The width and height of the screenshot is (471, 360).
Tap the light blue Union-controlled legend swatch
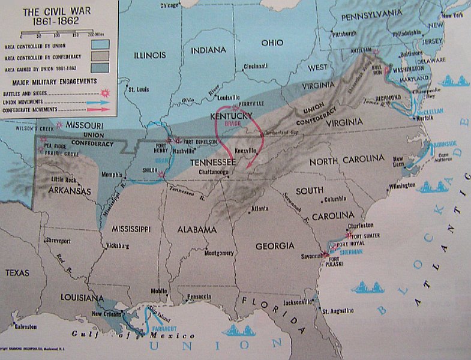pyautogui.click(x=101, y=44)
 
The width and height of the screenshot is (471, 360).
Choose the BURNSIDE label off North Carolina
pyautogui.click(x=443, y=143)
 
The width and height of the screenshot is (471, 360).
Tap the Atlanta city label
pyautogui.click(x=260, y=209)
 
